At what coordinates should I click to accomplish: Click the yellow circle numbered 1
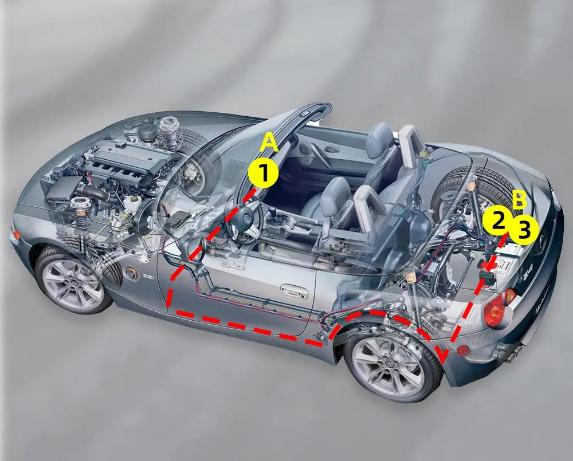(x=263, y=174)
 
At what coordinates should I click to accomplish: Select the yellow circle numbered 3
(x=524, y=230)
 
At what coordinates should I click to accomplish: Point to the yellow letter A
(x=269, y=143)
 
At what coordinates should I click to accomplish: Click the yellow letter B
(x=519, y=200)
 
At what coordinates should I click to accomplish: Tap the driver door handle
(x=294, y=291)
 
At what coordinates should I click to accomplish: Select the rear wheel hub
(x=388, y=364)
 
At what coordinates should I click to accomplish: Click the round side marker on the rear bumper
(x=464, y=350)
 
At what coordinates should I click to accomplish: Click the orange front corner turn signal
(x=15, y=233)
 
